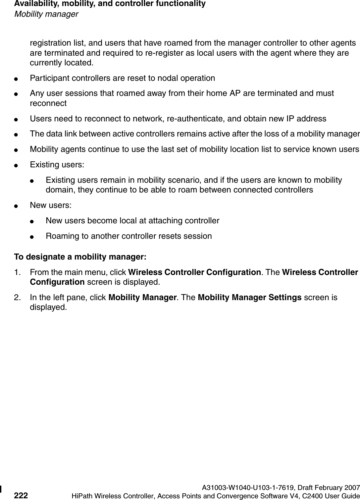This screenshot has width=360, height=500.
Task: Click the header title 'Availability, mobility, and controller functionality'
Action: [x=110, y=4]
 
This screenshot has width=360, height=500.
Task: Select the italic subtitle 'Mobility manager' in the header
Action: [x=46, y=14]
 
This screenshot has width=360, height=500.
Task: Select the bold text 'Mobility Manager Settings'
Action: [x=249, y=297]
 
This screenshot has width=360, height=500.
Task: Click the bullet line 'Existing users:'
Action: [x=57, y=165]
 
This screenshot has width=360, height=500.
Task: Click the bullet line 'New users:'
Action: [x=50, y=205]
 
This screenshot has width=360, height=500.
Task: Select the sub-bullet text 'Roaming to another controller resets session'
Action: [x=128, y=236]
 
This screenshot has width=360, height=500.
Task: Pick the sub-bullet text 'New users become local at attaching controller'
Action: [x=133, y=221]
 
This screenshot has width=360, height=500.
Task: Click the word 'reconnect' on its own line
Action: [x=48, y=103]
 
